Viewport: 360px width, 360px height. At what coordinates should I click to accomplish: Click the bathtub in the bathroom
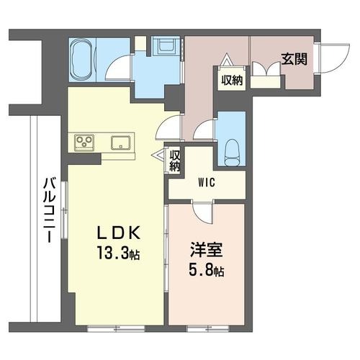pyautogui.click(x=82, y=59)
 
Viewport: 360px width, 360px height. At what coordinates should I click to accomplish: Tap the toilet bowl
pyautogui.click(x=233, y=153)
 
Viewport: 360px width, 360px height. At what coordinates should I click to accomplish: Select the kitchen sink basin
pyautogui.click(x=121, y=143)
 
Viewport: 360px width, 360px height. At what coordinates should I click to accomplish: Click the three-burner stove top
pyautogui.click(x=84, y=143)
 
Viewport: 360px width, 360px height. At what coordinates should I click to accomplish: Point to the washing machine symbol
pyautogui.click(x=166, y=46)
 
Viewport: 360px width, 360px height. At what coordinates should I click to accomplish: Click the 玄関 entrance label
pyautogui.click(x=294, y=59)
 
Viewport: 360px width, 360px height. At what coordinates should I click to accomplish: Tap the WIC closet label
pyautogui.click(x=207, y=183)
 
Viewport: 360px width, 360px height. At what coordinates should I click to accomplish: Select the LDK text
pyautogui.click(x=118, y=233)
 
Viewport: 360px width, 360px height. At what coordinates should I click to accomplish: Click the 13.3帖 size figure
pyautogui.click(x=118, y=253)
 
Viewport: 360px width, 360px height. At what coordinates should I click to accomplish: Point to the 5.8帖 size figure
pyautogui.click(x=207, y=271)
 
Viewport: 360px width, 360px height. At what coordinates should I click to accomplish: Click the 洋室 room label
pyautogui.click(x=207, y=250)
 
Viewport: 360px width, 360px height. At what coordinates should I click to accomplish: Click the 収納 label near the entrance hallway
pyautogui.click(x=232, y=80)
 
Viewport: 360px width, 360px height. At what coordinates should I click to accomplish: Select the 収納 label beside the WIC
pyautogui.click(x=175, y=161)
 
